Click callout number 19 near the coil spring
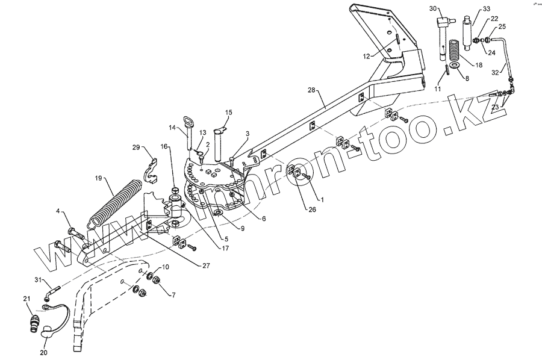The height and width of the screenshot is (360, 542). (100, 179)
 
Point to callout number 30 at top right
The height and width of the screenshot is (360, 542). (433, 8)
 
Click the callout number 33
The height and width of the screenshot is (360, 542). (487, 10)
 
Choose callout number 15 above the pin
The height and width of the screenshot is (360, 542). (228, 113)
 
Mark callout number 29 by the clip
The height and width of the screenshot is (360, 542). (136, 147)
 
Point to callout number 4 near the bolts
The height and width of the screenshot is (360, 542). (58, 211)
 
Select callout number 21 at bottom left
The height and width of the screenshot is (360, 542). (26, 299)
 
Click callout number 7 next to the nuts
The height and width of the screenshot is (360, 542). (173, 296)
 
